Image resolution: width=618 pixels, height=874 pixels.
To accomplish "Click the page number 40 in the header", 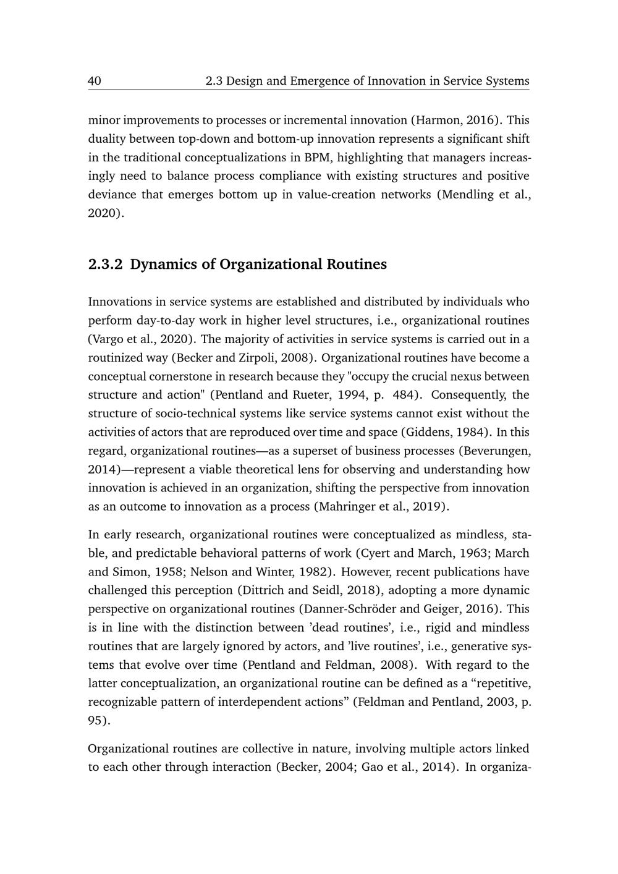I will (95, 81).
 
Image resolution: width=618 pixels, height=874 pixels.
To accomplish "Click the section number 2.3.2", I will (106, 265).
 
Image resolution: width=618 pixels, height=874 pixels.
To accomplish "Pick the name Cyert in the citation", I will (375, 553).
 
